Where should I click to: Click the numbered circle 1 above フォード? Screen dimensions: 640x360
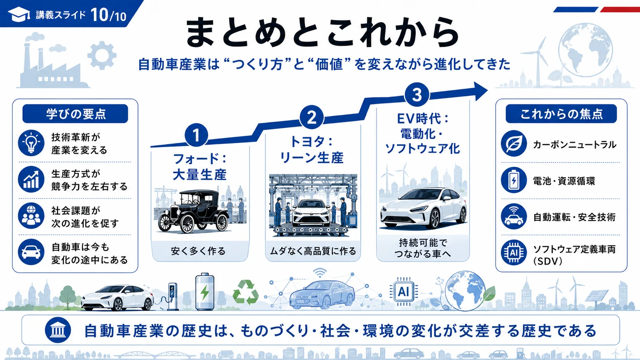(x=196, y=135)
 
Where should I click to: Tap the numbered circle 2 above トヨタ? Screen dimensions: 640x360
(x=312, y=117)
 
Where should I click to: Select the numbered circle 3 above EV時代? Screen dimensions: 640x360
(x=417, y=95)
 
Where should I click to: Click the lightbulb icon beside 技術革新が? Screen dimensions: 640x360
(x=31, y=143)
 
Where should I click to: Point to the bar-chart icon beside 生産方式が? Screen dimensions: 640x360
(x=31, y=179)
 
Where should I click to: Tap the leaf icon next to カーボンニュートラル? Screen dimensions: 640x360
(x=514, y=143)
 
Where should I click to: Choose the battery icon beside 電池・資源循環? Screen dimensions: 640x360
(x=514, y=180)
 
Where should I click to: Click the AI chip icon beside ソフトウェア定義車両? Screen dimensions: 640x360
(x=514, y=252)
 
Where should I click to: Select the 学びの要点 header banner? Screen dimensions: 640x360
(x=75, y=114)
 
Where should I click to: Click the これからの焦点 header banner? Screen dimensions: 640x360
(x=561, y=114)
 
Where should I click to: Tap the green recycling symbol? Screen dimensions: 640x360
(x=246, y=292)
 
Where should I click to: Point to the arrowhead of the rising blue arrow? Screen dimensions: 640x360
(x=481, y=91)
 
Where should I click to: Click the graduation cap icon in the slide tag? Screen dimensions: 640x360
(x=19, y=14)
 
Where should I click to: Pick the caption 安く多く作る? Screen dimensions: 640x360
(x=198, y=251)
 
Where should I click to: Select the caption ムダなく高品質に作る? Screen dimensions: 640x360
(x=313, y=251)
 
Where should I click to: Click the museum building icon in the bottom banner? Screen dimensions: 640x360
(x=58, y=330)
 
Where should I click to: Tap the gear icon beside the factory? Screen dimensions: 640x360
(x=102, y=55)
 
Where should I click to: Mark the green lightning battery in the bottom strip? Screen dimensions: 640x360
(x=204, y=292)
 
